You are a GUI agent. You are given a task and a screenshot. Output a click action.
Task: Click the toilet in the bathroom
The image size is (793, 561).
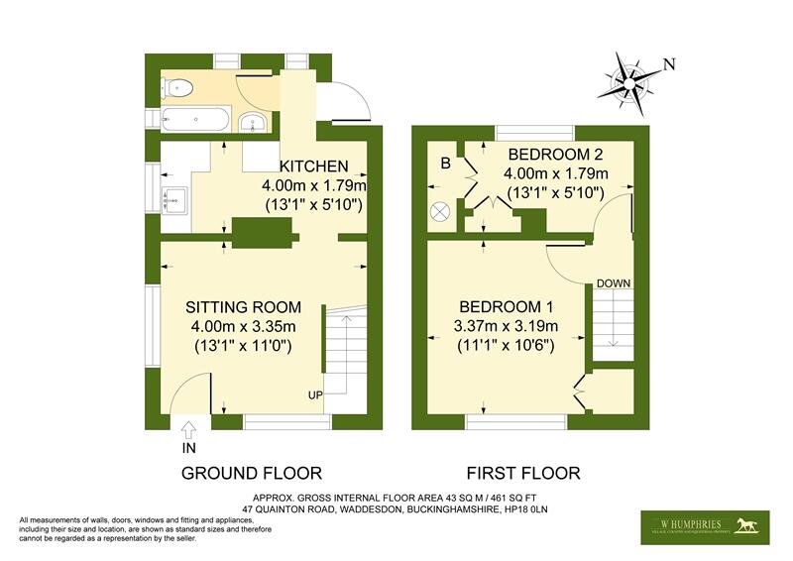pyautogui.click(x=178, y=87)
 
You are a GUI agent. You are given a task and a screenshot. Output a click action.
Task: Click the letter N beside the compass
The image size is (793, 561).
pyautogui.click(x=669, y=65)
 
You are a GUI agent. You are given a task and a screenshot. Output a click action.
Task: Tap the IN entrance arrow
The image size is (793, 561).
pyautogui.click(x=189, y=429)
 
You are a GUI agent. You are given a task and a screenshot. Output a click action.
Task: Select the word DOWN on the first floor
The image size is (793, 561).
pyautogui.click(x=614, y=283)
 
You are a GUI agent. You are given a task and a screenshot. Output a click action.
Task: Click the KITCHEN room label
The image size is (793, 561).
pyautogui.click(x=313, y=166)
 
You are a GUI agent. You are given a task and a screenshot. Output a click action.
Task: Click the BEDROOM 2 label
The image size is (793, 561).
pyautogui.click(x=555, y=155)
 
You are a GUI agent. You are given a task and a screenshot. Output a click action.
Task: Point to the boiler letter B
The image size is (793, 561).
pyautogui.click(x=445, y=164)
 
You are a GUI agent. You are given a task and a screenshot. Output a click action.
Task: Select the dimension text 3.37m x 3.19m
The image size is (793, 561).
pyautogui.click(x=506, y=326)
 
